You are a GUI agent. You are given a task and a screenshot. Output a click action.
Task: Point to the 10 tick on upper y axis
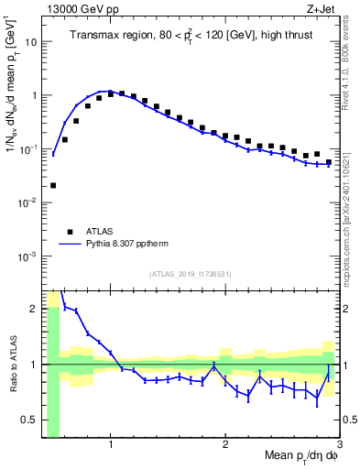pos(29,41)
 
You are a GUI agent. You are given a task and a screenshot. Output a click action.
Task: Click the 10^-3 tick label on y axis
pos(27,256)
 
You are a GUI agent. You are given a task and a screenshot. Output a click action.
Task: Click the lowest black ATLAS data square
pos(53,185)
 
